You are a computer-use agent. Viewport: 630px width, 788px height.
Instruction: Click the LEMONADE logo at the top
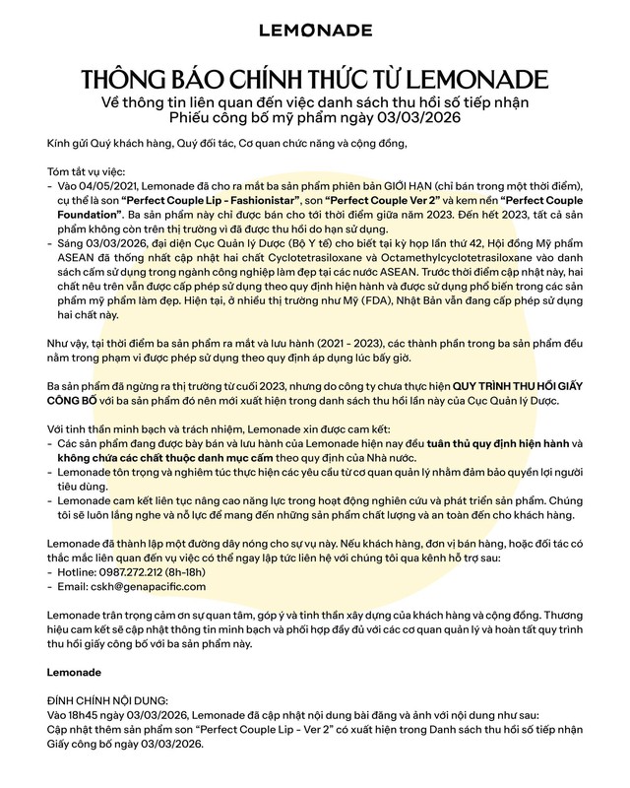(x=314, y=32)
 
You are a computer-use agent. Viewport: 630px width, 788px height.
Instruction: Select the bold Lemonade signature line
(x=75, y=673)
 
